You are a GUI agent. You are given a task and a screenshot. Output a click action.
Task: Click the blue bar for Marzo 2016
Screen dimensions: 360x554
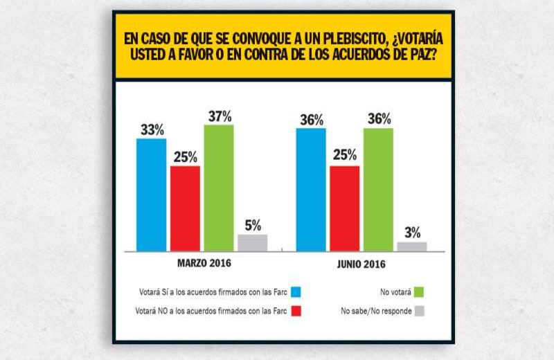(x=151, y=195)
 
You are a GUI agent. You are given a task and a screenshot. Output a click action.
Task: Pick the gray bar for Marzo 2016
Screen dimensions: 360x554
(x=252, y=242)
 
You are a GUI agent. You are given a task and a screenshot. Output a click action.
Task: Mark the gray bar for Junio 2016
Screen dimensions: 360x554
(x=412, y=246)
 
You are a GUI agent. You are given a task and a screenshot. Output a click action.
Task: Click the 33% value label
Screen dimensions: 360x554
(x=150, y=129)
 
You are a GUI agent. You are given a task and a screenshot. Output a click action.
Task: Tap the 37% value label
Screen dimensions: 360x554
(x=219, y=115)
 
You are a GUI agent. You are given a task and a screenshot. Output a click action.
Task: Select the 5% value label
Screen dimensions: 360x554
(x=252, y=225)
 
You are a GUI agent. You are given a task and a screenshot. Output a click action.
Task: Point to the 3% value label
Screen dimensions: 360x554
(x=412, y=233)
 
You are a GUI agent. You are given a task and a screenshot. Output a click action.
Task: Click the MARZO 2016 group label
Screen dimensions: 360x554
(x=202, y=264)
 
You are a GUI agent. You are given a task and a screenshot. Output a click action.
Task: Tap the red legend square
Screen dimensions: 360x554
(x=296, y=312)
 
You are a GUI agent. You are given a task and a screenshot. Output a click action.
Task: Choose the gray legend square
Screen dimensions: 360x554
(x=419, y=312)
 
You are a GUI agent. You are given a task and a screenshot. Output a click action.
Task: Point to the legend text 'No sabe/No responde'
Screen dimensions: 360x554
(x=377, y=312)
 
